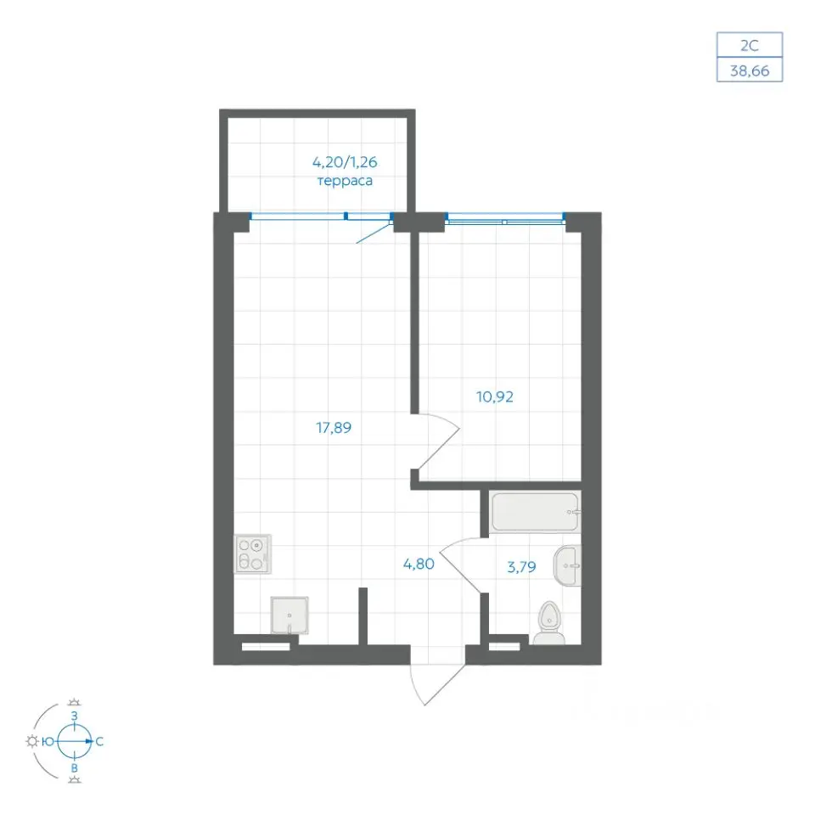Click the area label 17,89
point(334,428)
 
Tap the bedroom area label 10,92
point(495,397)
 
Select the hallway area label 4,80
point(419,564)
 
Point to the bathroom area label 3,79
point(521,566)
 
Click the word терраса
point(345,181)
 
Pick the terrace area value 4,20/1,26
point(345,162)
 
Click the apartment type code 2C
point(750,46)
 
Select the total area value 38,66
point(750,70)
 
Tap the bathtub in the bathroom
point(536,512)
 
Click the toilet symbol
point(549,623)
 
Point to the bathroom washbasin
point(567,565)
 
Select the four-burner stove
point(253,554)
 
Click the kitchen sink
point(289,615)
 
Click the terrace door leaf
point(374,233)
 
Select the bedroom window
point(505,219)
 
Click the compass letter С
point(99,742)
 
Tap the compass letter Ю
point(48,742)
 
